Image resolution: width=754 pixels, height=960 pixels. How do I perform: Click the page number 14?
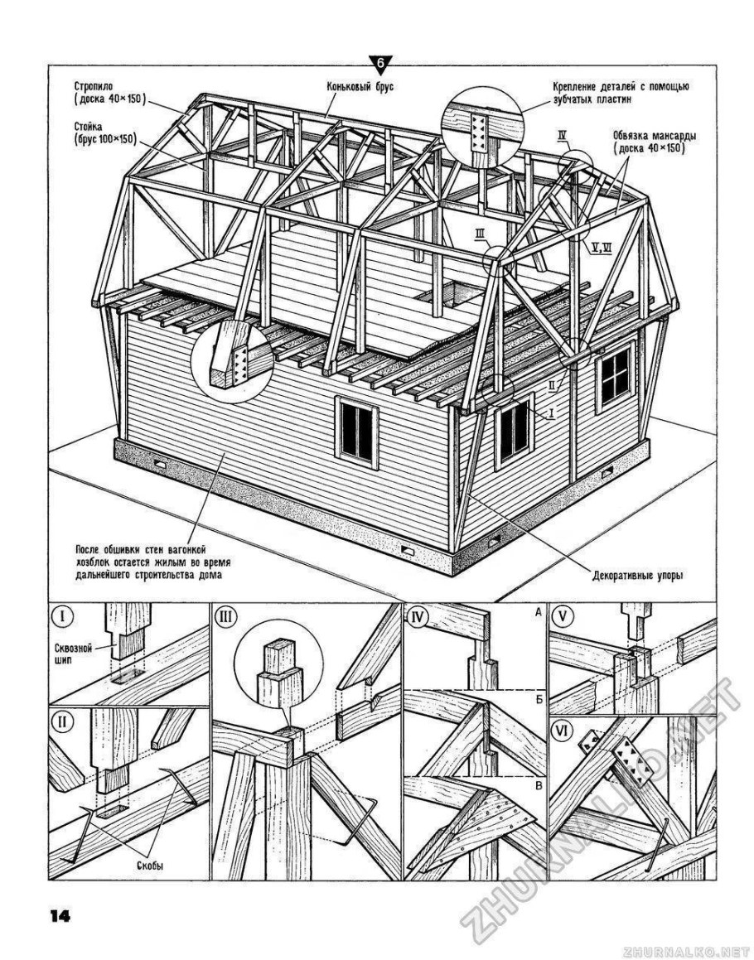pos(60,915)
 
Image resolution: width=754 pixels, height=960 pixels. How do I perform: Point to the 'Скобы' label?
pos(149,866)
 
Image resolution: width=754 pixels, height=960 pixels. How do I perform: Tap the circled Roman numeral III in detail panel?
pos(225,618)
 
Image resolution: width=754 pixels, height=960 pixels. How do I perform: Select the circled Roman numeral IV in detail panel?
pos(418,617)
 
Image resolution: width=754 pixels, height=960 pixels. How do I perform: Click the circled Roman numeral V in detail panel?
pos(564,617)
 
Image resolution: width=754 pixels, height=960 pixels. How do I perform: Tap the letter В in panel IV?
pos(538,787)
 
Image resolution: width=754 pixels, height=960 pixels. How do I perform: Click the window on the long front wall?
pos(358,429)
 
